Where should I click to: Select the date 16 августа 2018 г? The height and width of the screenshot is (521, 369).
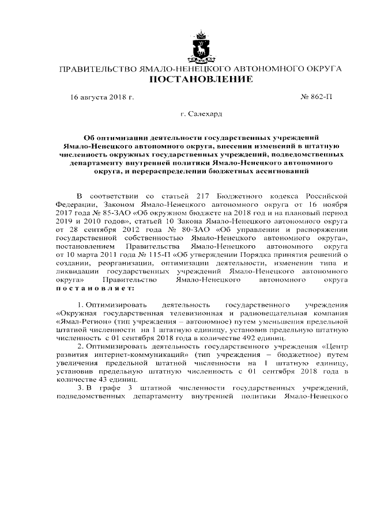102,98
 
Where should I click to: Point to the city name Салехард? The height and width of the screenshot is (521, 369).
205,115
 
